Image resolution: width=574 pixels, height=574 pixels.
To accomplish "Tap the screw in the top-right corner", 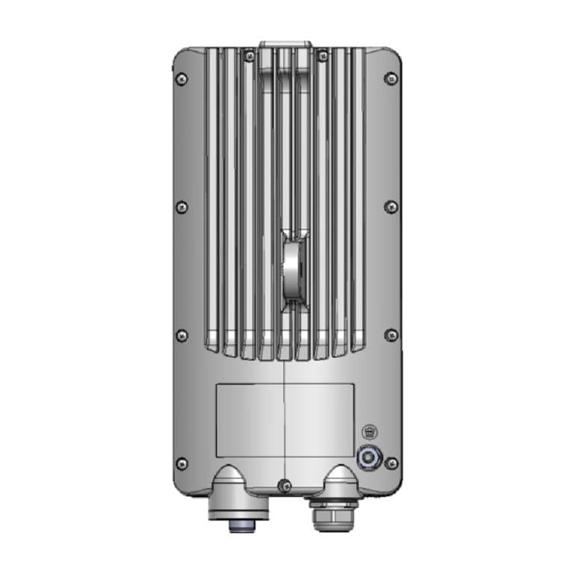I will tap(391, 78).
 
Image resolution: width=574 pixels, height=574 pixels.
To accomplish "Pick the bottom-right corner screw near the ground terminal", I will tap(391, 463).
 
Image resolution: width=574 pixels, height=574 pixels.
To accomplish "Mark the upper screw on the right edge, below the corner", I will tap(391, 206).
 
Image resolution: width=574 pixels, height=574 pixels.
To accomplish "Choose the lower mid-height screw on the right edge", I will tap(391, 335).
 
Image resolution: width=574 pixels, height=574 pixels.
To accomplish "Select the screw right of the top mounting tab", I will tap(323, 56).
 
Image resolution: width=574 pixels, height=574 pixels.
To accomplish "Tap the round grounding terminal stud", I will tap(368, 457).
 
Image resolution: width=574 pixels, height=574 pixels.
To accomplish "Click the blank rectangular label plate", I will tap(285, 420).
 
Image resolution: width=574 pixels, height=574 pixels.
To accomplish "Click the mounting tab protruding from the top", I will tap(286, 46).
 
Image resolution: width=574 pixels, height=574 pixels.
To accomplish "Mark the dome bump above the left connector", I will tap(232, 478).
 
